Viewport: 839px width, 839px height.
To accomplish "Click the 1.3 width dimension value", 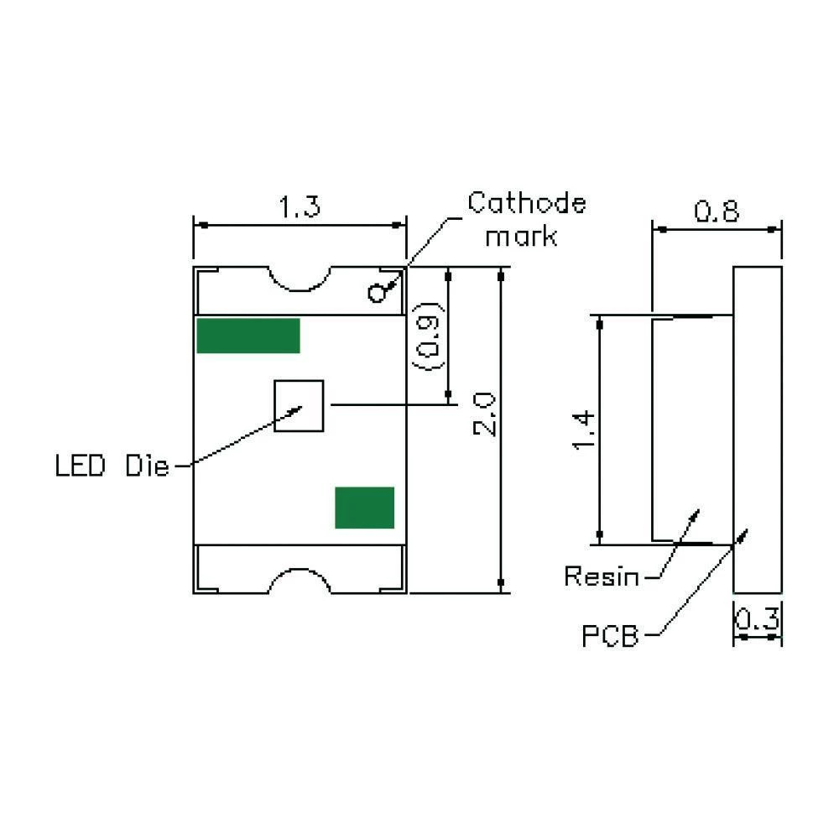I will [300, 207].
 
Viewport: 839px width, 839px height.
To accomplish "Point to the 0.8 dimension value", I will [717, 211].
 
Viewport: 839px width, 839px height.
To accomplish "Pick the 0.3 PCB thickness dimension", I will [758, 621].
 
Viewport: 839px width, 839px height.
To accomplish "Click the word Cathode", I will [527, 203].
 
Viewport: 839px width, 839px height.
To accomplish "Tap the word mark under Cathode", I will [521, 237].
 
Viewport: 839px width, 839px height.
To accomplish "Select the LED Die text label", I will [112, 466].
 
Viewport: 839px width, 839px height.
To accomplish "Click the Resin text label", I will [602, 576].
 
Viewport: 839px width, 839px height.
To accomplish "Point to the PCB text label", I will [610, 637].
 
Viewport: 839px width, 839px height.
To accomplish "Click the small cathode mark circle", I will [377, 293].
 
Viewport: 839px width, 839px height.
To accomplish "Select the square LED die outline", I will [299, 406].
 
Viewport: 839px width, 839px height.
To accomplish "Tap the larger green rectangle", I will [248, 336].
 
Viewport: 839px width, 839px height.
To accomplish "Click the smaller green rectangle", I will [364, 508].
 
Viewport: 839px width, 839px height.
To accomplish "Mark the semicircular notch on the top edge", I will [300, 279].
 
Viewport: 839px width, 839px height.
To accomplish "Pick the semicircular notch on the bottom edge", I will [300, 580].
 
